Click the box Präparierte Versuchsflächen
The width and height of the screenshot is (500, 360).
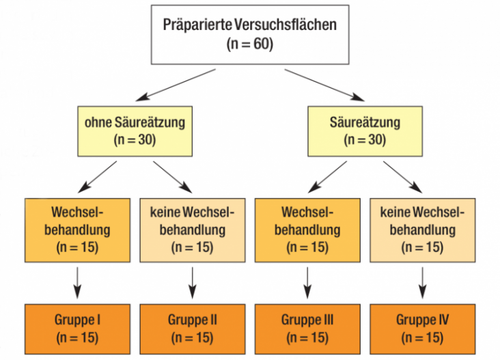(250, 34)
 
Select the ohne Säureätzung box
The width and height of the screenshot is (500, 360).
(135, 131)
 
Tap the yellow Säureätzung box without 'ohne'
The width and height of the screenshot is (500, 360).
(365, 131)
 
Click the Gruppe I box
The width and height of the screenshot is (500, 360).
(77, 329)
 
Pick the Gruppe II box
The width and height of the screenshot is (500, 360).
(193, 329)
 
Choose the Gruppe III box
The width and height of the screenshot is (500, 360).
(307, 329)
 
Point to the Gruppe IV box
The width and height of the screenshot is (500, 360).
(423, 329)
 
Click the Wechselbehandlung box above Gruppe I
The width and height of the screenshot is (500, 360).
(77, 230)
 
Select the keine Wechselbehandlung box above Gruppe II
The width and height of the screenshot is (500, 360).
(193, 230)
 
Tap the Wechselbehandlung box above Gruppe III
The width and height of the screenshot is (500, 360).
(307, 230)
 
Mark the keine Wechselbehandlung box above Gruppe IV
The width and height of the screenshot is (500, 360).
(423, 230)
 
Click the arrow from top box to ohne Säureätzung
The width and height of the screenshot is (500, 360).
(176, 85)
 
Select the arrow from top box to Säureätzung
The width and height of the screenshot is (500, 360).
(324, 85)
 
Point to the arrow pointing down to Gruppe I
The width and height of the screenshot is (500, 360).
(77, 283)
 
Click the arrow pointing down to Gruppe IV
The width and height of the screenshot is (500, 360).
(423, 283)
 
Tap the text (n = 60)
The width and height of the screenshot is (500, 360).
(250, 44)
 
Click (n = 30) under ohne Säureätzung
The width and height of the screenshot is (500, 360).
(135, 139)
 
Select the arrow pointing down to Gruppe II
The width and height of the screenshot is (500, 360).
(193, 283)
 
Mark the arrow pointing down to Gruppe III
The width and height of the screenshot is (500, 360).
(307, 283)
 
